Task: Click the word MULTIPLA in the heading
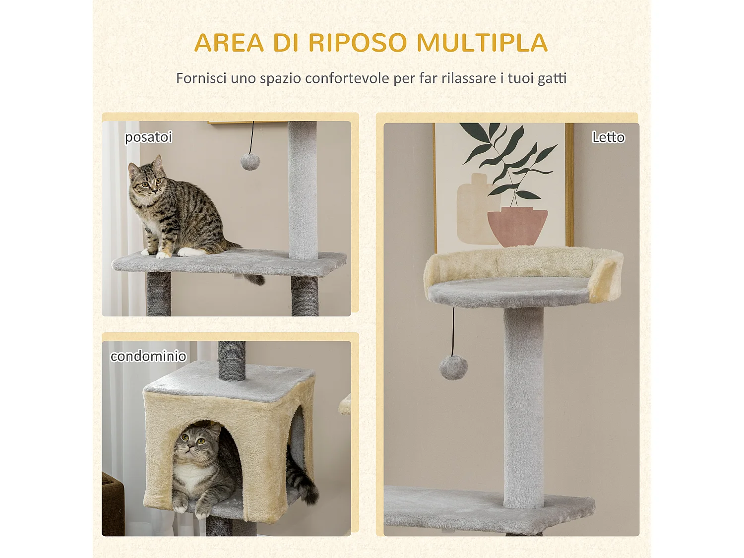click(482, 43)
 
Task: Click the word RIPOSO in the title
click(357, 43)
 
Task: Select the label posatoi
click(148, 137)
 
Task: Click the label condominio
click(148, 356)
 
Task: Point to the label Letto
click(608, 137)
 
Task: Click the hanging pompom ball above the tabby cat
click(250, 162)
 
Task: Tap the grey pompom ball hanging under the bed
click(453, 368)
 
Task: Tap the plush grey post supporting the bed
click(524, 407)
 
